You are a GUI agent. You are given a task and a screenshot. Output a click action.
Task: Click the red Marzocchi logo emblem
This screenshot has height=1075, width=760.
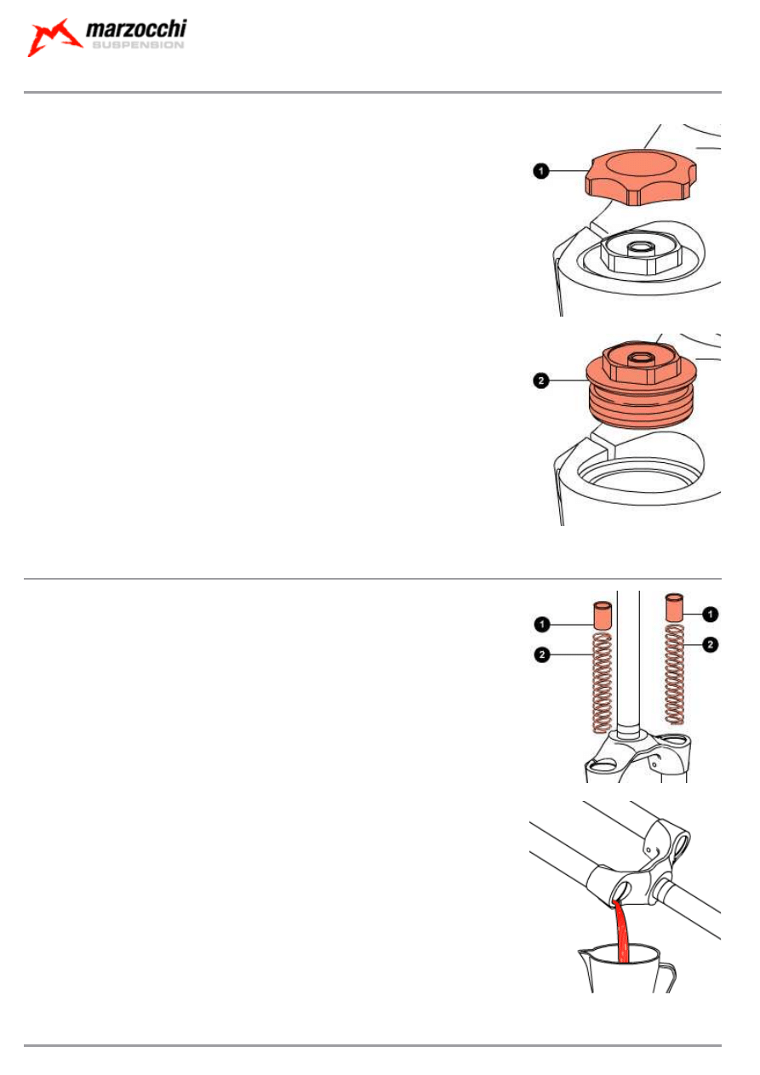pyautogui.click(x=53, y=38)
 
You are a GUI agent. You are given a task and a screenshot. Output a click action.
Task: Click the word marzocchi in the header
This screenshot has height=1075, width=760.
pyautogui.click(x=136, y=29)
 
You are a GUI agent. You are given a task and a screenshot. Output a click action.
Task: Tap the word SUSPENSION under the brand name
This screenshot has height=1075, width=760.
pyautogui.click(x=138, y=45)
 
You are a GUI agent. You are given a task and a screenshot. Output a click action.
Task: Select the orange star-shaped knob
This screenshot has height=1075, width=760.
pyautogui.click(x=641, y=178)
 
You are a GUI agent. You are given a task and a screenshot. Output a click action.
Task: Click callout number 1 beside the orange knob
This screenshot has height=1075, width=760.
pyautogui.click(x=541, y=171)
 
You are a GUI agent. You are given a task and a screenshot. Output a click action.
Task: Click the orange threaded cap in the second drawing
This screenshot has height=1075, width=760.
pyautogui.click(x=641, y=385)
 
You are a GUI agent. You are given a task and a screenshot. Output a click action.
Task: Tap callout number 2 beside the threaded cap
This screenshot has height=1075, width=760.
pyautogui.click(x=541, y=380)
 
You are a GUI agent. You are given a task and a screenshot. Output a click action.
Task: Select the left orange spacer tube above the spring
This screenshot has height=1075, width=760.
pyautogui.click(x=603, y=615)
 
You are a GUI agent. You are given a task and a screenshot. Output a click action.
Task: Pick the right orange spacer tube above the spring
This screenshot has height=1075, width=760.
pyautogui.click(x=675, y=608)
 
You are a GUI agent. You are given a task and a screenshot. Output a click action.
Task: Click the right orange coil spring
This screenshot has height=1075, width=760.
pyautogui.click(x=675, y=674)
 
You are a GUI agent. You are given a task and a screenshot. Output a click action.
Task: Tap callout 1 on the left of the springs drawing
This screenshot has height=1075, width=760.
pyautogui.click(x=542, y=625)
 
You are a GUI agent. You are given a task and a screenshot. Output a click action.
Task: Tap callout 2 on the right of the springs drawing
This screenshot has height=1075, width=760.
pyautogui.click(x=711, y=644)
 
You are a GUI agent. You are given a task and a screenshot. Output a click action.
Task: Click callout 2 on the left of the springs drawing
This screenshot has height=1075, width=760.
pyautogui.click(x=542, y=655)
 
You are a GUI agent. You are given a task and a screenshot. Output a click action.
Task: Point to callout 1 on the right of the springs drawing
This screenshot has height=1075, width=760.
pyautogui.click(x=711, y=615)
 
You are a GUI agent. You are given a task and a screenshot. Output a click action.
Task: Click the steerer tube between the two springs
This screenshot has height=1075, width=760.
pyautogui.click(x=628, y=663)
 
